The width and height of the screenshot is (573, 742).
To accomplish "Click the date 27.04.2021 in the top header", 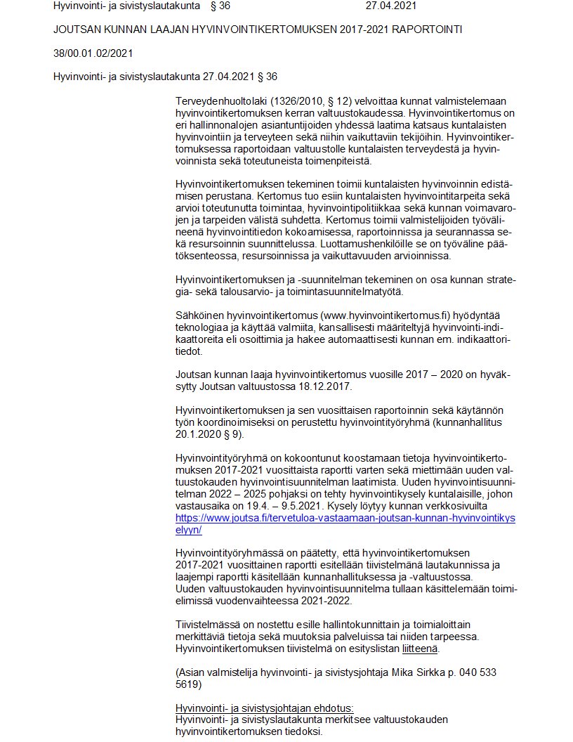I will pos(390,6).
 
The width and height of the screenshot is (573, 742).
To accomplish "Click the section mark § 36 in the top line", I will pos(220,6).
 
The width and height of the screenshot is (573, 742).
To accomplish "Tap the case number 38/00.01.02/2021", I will pos(93,53).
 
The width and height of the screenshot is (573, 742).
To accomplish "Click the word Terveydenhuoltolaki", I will pos(222,102).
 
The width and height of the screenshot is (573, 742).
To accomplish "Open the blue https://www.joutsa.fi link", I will pos(345,517).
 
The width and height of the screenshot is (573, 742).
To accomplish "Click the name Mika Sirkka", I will pos(419,672).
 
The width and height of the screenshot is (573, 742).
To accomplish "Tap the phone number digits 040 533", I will pos(479,672).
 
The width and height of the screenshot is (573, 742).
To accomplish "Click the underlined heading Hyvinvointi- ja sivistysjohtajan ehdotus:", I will pos(264,708).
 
